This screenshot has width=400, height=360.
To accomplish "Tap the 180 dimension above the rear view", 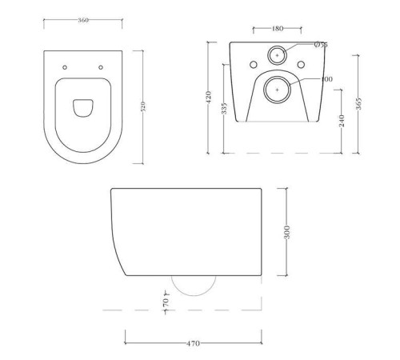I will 277,28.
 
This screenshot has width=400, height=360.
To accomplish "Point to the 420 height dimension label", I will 209,98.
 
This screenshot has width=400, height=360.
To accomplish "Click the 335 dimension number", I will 224,107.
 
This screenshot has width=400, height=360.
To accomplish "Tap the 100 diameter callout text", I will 326,80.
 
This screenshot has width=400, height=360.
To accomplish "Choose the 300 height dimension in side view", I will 286,233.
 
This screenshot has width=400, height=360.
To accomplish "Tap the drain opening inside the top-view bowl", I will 81,106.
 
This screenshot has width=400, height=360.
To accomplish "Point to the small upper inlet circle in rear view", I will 277,55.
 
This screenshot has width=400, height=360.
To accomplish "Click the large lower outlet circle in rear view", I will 277,91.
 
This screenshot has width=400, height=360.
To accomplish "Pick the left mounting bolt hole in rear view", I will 252,64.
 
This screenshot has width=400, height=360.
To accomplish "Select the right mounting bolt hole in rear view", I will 302,64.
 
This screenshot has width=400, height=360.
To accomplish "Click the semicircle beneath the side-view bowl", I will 194,286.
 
